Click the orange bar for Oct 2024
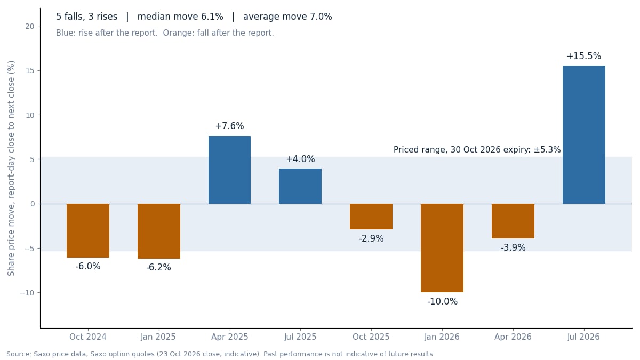pyautogui.click(x=88, y=230)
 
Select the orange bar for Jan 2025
pyautogui.click(x=159, y=231)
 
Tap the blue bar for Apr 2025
pyautogui.click(x=229, y=170)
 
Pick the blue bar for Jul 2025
pyautogui.click(x=300, y=186)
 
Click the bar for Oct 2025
pyautogui.click(x=371, y=217)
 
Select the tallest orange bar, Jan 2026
pyautogui.click(x=442, y=248)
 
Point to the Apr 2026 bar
pyautogui.click(x=513, y=221)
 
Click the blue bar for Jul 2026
pyautogui.click(x=583, y=135)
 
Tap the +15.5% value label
pyautogui.click(x=583, y=56)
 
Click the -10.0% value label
pyautogui.click(x=442, y=301)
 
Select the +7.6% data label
pyautogui.click(x=229, y=126)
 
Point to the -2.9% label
pyautogui.click(x=371, y=238)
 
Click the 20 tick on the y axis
pyautogui.click(x=29, y=26)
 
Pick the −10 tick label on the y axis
pyautogui.click(x=27, y=293)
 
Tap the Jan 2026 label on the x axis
pyautogui.click(x=442, y=337)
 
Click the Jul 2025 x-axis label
pyautogui.click(x=300, y=337)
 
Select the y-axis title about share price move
pyautogui.click(x=11, y=169)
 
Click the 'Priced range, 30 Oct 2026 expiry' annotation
pyautogui.click(x=477, y=150)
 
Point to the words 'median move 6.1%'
pyautogui.click(x=180, y=17)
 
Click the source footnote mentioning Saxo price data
pyautogui.click(x=220, y=354)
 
